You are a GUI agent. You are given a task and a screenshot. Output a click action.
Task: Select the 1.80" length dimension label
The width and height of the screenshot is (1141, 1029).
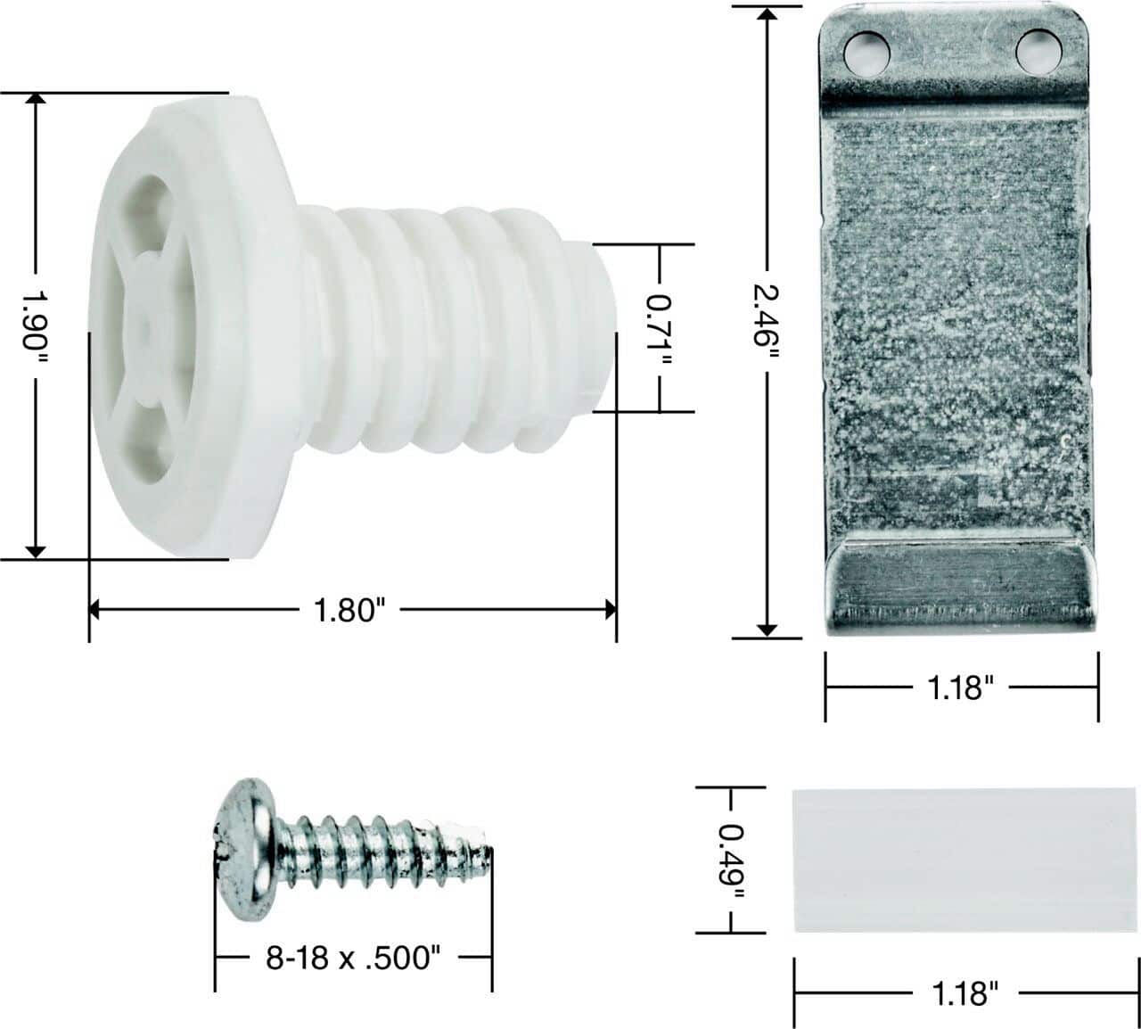(x=349, y=611)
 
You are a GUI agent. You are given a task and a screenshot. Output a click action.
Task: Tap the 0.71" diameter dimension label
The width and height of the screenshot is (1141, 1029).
(x=660, y=329)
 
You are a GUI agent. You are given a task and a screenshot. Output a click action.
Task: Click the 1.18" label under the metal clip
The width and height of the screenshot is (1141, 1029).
(x=960, y=687)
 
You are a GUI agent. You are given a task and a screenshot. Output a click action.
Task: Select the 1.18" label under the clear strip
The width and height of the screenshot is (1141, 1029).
(x=964, y=992)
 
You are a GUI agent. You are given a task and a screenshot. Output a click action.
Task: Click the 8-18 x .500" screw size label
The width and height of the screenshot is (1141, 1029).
(x=353, y=959)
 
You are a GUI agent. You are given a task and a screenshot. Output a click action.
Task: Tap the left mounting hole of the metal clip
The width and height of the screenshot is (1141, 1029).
(x=866, y=54)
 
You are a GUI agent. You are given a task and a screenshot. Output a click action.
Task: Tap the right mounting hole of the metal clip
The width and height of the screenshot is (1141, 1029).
(x=1038, y=52)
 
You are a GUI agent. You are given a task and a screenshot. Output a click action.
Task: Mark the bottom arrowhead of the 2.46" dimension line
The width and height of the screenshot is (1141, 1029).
(x=767, y=630)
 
